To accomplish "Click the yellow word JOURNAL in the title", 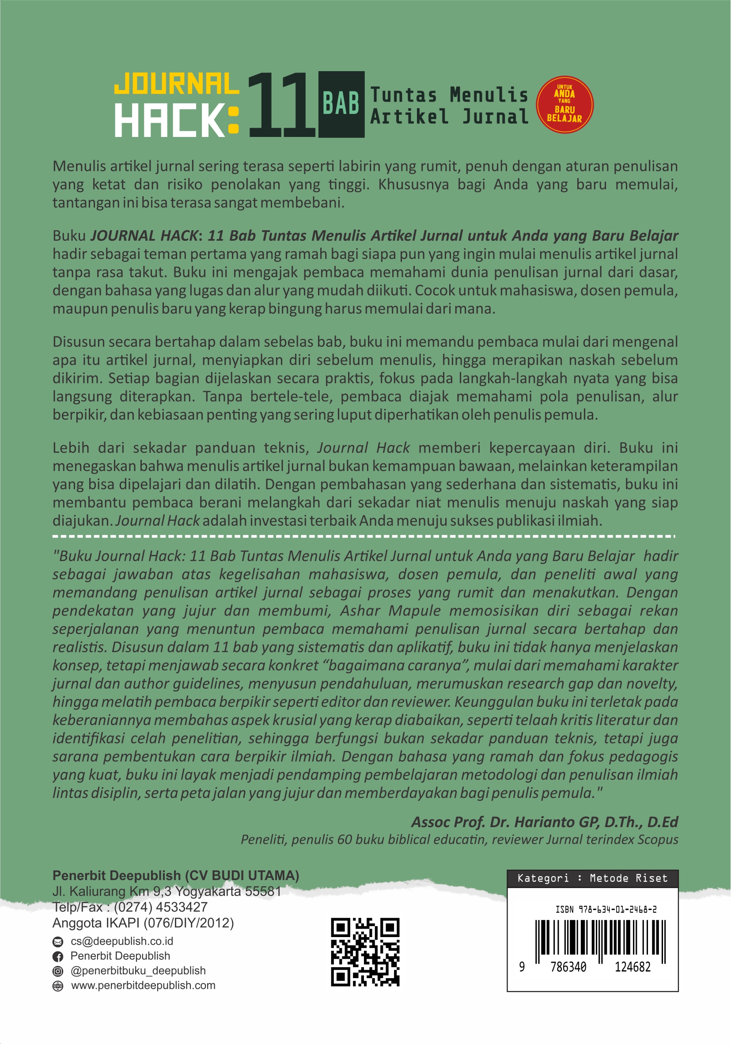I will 176,84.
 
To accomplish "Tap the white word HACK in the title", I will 169,121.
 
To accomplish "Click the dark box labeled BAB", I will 341,104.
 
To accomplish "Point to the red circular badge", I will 564,104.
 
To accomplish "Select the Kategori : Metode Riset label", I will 592,878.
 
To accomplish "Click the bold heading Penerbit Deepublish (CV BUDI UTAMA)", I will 175,875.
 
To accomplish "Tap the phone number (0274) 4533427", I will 160,907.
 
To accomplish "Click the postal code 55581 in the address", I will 263,891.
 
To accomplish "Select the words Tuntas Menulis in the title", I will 449,95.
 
